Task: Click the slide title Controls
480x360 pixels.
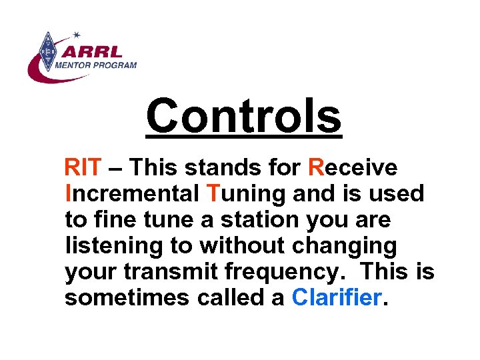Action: click(243, 115)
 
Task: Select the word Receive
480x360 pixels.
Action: click(353, 168)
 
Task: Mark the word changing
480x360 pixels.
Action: click(347, 246)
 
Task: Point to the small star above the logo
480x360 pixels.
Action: click(76, 33)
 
